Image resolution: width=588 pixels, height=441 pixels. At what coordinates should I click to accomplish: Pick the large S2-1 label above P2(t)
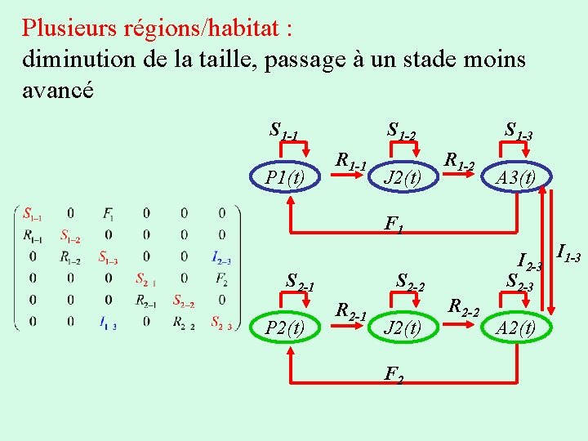301,283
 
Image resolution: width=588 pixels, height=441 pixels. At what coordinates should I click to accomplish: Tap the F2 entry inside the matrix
221,279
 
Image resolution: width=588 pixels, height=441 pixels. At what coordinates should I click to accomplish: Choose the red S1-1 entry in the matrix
33,215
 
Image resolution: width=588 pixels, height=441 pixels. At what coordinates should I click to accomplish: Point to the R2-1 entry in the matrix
147,301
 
